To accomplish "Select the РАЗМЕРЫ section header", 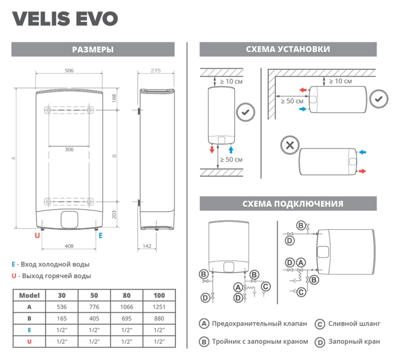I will click(93, 50).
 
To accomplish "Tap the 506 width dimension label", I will click(69, 70).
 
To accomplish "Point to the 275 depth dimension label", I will click(155, 70).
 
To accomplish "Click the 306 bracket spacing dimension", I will click(69, 150).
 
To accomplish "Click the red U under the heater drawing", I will click(37, 236).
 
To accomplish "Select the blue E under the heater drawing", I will click(100, 236).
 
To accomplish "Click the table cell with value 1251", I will click(159, 306).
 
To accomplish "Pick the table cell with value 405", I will click(94, 318).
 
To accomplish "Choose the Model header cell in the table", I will click(29, 295).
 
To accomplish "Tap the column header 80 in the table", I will click(127, 295).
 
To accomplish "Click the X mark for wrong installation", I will click(288, 145).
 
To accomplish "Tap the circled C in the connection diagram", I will click(266, 286).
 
